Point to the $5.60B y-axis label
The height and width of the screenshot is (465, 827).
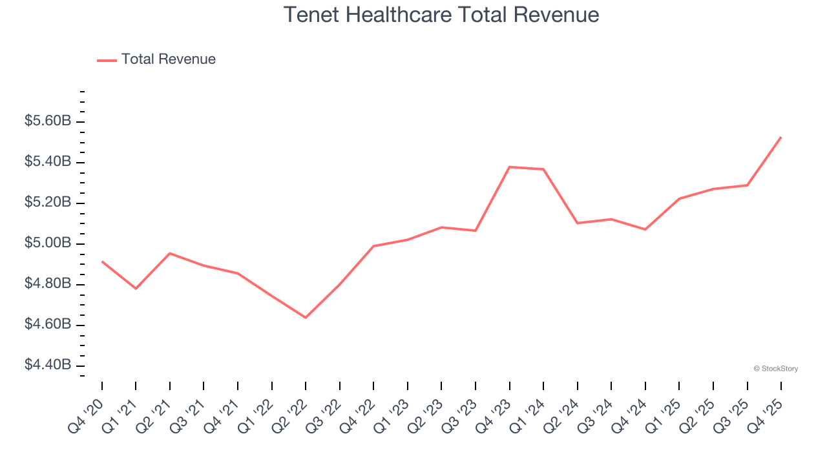(48, 121)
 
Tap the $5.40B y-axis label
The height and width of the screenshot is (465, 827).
(48, 161)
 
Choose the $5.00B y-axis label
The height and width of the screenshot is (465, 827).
(48, 243)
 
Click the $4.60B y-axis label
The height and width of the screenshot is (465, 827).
(48, 324)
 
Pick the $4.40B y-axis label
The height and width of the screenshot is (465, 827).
(48, 365)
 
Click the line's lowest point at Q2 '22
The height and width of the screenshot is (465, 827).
(306, 318)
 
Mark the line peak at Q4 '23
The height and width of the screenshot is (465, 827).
(510, 167)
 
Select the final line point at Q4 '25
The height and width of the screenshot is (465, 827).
(781, 137)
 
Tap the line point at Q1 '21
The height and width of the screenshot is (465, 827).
(136, 288)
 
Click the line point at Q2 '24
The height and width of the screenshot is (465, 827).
(578, 223)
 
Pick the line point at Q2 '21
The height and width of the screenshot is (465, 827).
(170, 253)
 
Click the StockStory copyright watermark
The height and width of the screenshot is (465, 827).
(776, 369)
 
